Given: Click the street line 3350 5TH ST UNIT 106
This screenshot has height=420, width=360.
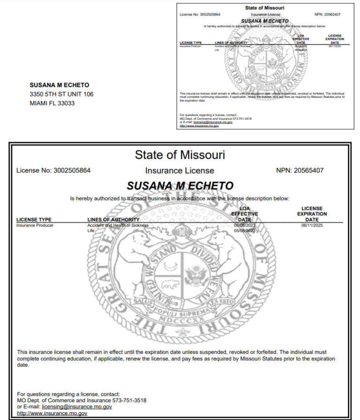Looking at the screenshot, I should pos(61,94).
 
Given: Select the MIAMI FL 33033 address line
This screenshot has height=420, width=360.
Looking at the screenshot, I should pos(52,103).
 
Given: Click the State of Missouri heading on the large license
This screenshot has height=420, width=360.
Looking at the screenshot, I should pos(180,155).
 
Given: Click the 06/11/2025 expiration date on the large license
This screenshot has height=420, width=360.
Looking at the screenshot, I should pos(312,225).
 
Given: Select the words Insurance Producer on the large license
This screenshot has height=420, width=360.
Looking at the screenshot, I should pos(35,225).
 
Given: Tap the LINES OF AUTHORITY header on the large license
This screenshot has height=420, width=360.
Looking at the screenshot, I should pos(113,220).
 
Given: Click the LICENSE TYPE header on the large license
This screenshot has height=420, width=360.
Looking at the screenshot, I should pos(34,220).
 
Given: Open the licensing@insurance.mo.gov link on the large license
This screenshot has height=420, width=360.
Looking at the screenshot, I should pos(77,407).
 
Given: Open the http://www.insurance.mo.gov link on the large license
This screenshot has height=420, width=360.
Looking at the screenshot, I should pos(52,413).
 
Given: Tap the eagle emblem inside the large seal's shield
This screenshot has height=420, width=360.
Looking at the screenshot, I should pos(193,274).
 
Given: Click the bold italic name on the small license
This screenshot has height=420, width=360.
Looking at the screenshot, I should pos(264,21).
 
